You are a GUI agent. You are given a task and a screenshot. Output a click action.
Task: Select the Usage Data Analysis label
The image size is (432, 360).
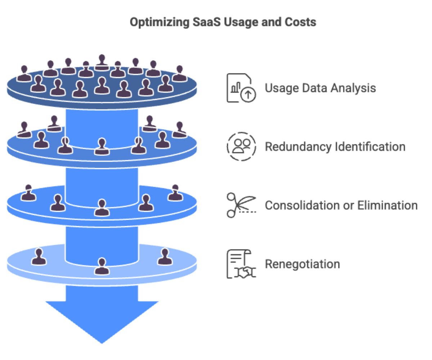[x=320, y=88]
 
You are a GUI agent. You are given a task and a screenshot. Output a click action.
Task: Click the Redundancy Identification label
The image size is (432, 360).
[x=335, y=147]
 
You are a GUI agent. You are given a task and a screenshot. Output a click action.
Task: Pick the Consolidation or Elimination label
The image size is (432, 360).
[x=341, y=206]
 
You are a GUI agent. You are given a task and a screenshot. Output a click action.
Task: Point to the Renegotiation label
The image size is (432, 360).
[x=302, y=264]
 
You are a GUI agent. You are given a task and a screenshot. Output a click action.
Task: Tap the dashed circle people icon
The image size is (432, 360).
[x=241, y=147]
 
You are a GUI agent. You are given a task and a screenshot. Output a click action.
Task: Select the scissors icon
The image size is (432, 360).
[x=240, y=205]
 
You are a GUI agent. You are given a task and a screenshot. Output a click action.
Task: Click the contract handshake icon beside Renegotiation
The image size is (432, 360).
[x=241, y=264]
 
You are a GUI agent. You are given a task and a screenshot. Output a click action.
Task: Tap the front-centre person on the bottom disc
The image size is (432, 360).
[x=102, y=266]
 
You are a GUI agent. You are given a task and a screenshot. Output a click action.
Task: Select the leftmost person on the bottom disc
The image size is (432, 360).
[x=39, y=257]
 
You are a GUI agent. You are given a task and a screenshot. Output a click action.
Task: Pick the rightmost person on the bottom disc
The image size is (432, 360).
[x=165, y=257]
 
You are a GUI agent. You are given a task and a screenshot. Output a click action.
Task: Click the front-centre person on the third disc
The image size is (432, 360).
[x=102, y=208]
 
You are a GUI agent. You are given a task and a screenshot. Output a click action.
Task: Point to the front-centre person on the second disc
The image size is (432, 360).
[x=102, y=147]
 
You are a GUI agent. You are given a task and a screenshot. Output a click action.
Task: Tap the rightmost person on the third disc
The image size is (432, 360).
[x=175, y=192]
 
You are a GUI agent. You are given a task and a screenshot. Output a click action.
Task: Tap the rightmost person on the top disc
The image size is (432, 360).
[x=179, y=73]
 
